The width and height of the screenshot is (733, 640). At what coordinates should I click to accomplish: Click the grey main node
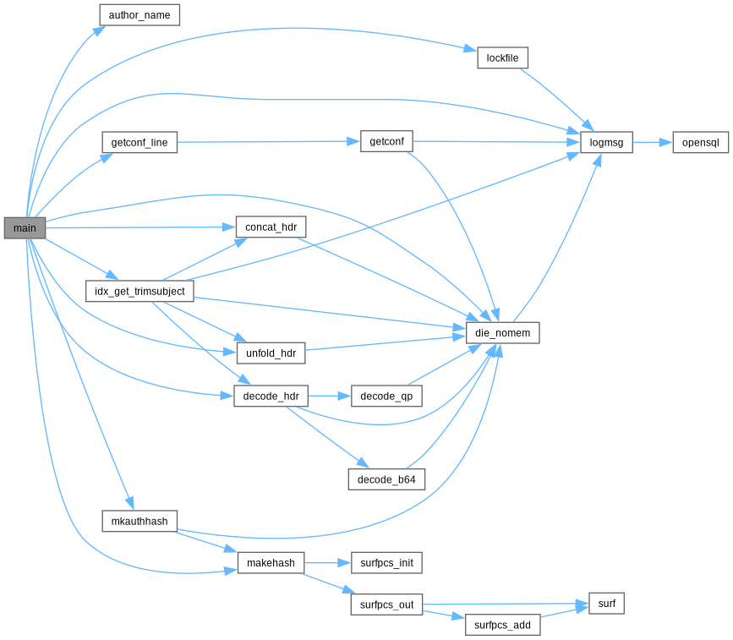(x=25, y=228)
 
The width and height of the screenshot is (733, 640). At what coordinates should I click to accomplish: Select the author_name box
(x=139, y=15)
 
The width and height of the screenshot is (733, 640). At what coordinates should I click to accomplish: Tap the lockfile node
(x=502, y=58)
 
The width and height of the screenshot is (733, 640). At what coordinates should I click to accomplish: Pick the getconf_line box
(x=139, y=142)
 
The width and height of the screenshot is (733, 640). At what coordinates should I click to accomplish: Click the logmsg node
(x=606, y=142)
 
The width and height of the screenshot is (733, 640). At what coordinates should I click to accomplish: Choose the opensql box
(x=700, y=142)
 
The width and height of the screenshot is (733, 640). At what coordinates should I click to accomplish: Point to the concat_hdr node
(x=271, y=227)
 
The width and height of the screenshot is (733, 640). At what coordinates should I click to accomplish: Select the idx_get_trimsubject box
(x=139, y=291)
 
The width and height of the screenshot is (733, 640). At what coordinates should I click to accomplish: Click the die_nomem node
(x=502, y=333)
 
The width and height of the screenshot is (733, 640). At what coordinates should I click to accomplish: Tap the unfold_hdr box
(x=271, y=353)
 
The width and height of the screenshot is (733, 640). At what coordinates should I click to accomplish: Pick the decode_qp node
(x=386, y=396)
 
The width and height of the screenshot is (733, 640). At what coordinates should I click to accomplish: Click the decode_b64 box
(x=386, y=479)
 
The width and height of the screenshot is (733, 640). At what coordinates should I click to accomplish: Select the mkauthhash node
(x=139, y=522)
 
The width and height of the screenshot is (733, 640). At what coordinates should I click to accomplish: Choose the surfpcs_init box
(x=386, y=563)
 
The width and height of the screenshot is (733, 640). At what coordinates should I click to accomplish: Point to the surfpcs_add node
(x=502, y=625)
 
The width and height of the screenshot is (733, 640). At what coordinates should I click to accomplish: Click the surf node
(x=606, y=604)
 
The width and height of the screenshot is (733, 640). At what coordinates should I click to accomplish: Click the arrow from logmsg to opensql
(x=653, y=142)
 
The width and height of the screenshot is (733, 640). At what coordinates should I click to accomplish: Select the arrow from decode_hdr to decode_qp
(x=330, y=396)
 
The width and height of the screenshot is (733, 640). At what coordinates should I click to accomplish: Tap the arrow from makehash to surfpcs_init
(x=328, y=563)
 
